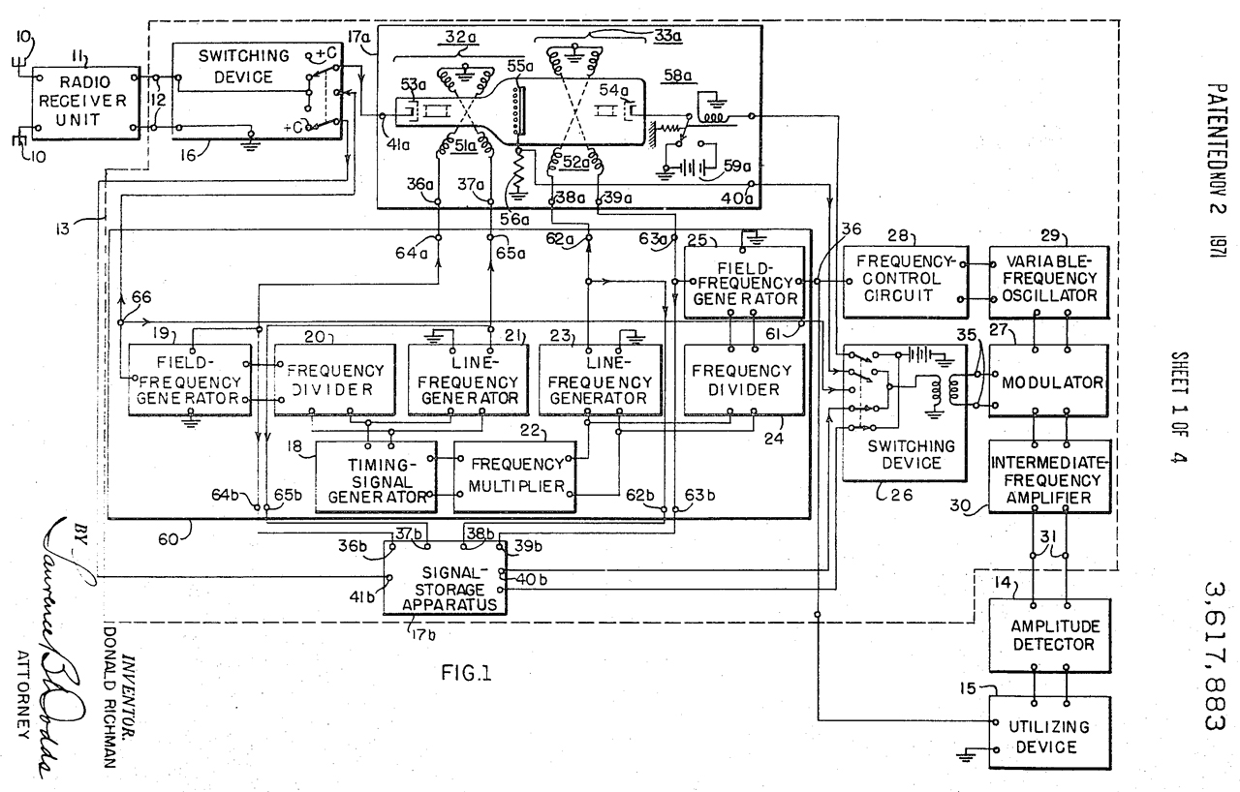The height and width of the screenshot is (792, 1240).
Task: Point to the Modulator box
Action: pyautogui.click(x=1051, y=381)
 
